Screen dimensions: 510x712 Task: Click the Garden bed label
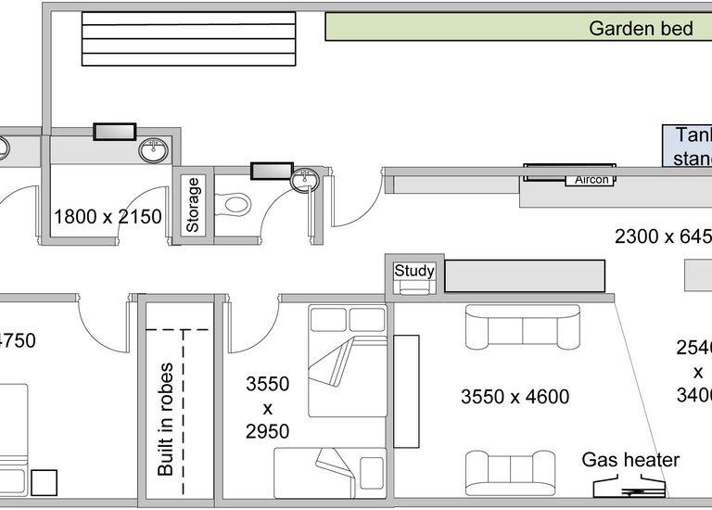coord(641,29)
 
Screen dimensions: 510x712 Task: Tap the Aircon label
coord(591,180)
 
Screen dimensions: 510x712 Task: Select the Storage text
coord(193,204)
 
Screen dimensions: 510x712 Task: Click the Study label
coord(413,271)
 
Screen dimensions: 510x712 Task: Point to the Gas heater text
coord(630,460)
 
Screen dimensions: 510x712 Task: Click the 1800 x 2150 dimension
coord(108,217)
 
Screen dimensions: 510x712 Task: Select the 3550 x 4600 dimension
coord(515,397)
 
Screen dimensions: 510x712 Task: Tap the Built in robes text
coord(166,419)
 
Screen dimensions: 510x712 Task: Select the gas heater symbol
coord(629,487)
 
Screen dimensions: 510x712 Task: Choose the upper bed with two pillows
coord(348,361)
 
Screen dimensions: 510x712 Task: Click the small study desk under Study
coord(413,287)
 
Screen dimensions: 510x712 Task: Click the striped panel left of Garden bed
coord(188,38)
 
